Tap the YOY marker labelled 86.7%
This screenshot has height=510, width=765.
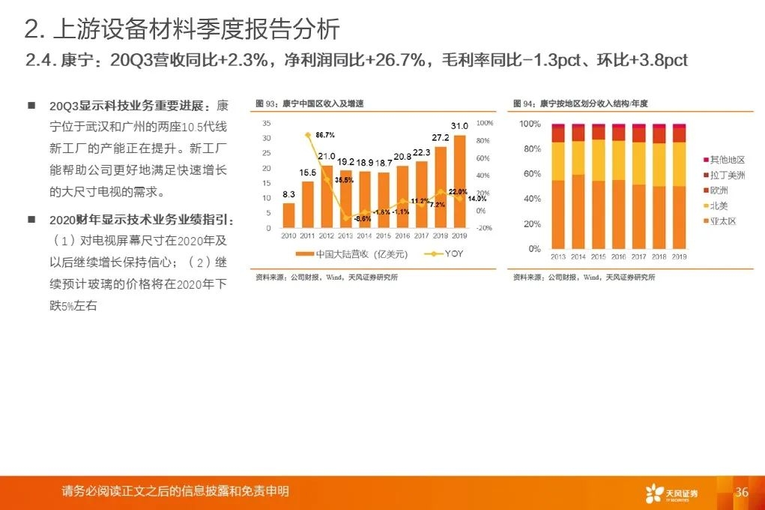click(308, 134)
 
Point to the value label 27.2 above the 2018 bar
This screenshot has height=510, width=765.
click(441, 137)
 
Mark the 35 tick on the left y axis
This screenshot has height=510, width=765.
click(267, 123)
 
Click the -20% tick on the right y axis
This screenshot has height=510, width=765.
click(484, 228)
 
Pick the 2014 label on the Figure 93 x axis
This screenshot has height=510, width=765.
click(364, 235)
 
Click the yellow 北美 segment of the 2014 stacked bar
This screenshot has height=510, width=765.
click(578, 157)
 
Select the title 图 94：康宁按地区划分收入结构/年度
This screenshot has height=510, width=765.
click(580, 103)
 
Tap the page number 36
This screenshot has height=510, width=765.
click(742, 492)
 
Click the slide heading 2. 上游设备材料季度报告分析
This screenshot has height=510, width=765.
click(182, 29)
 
